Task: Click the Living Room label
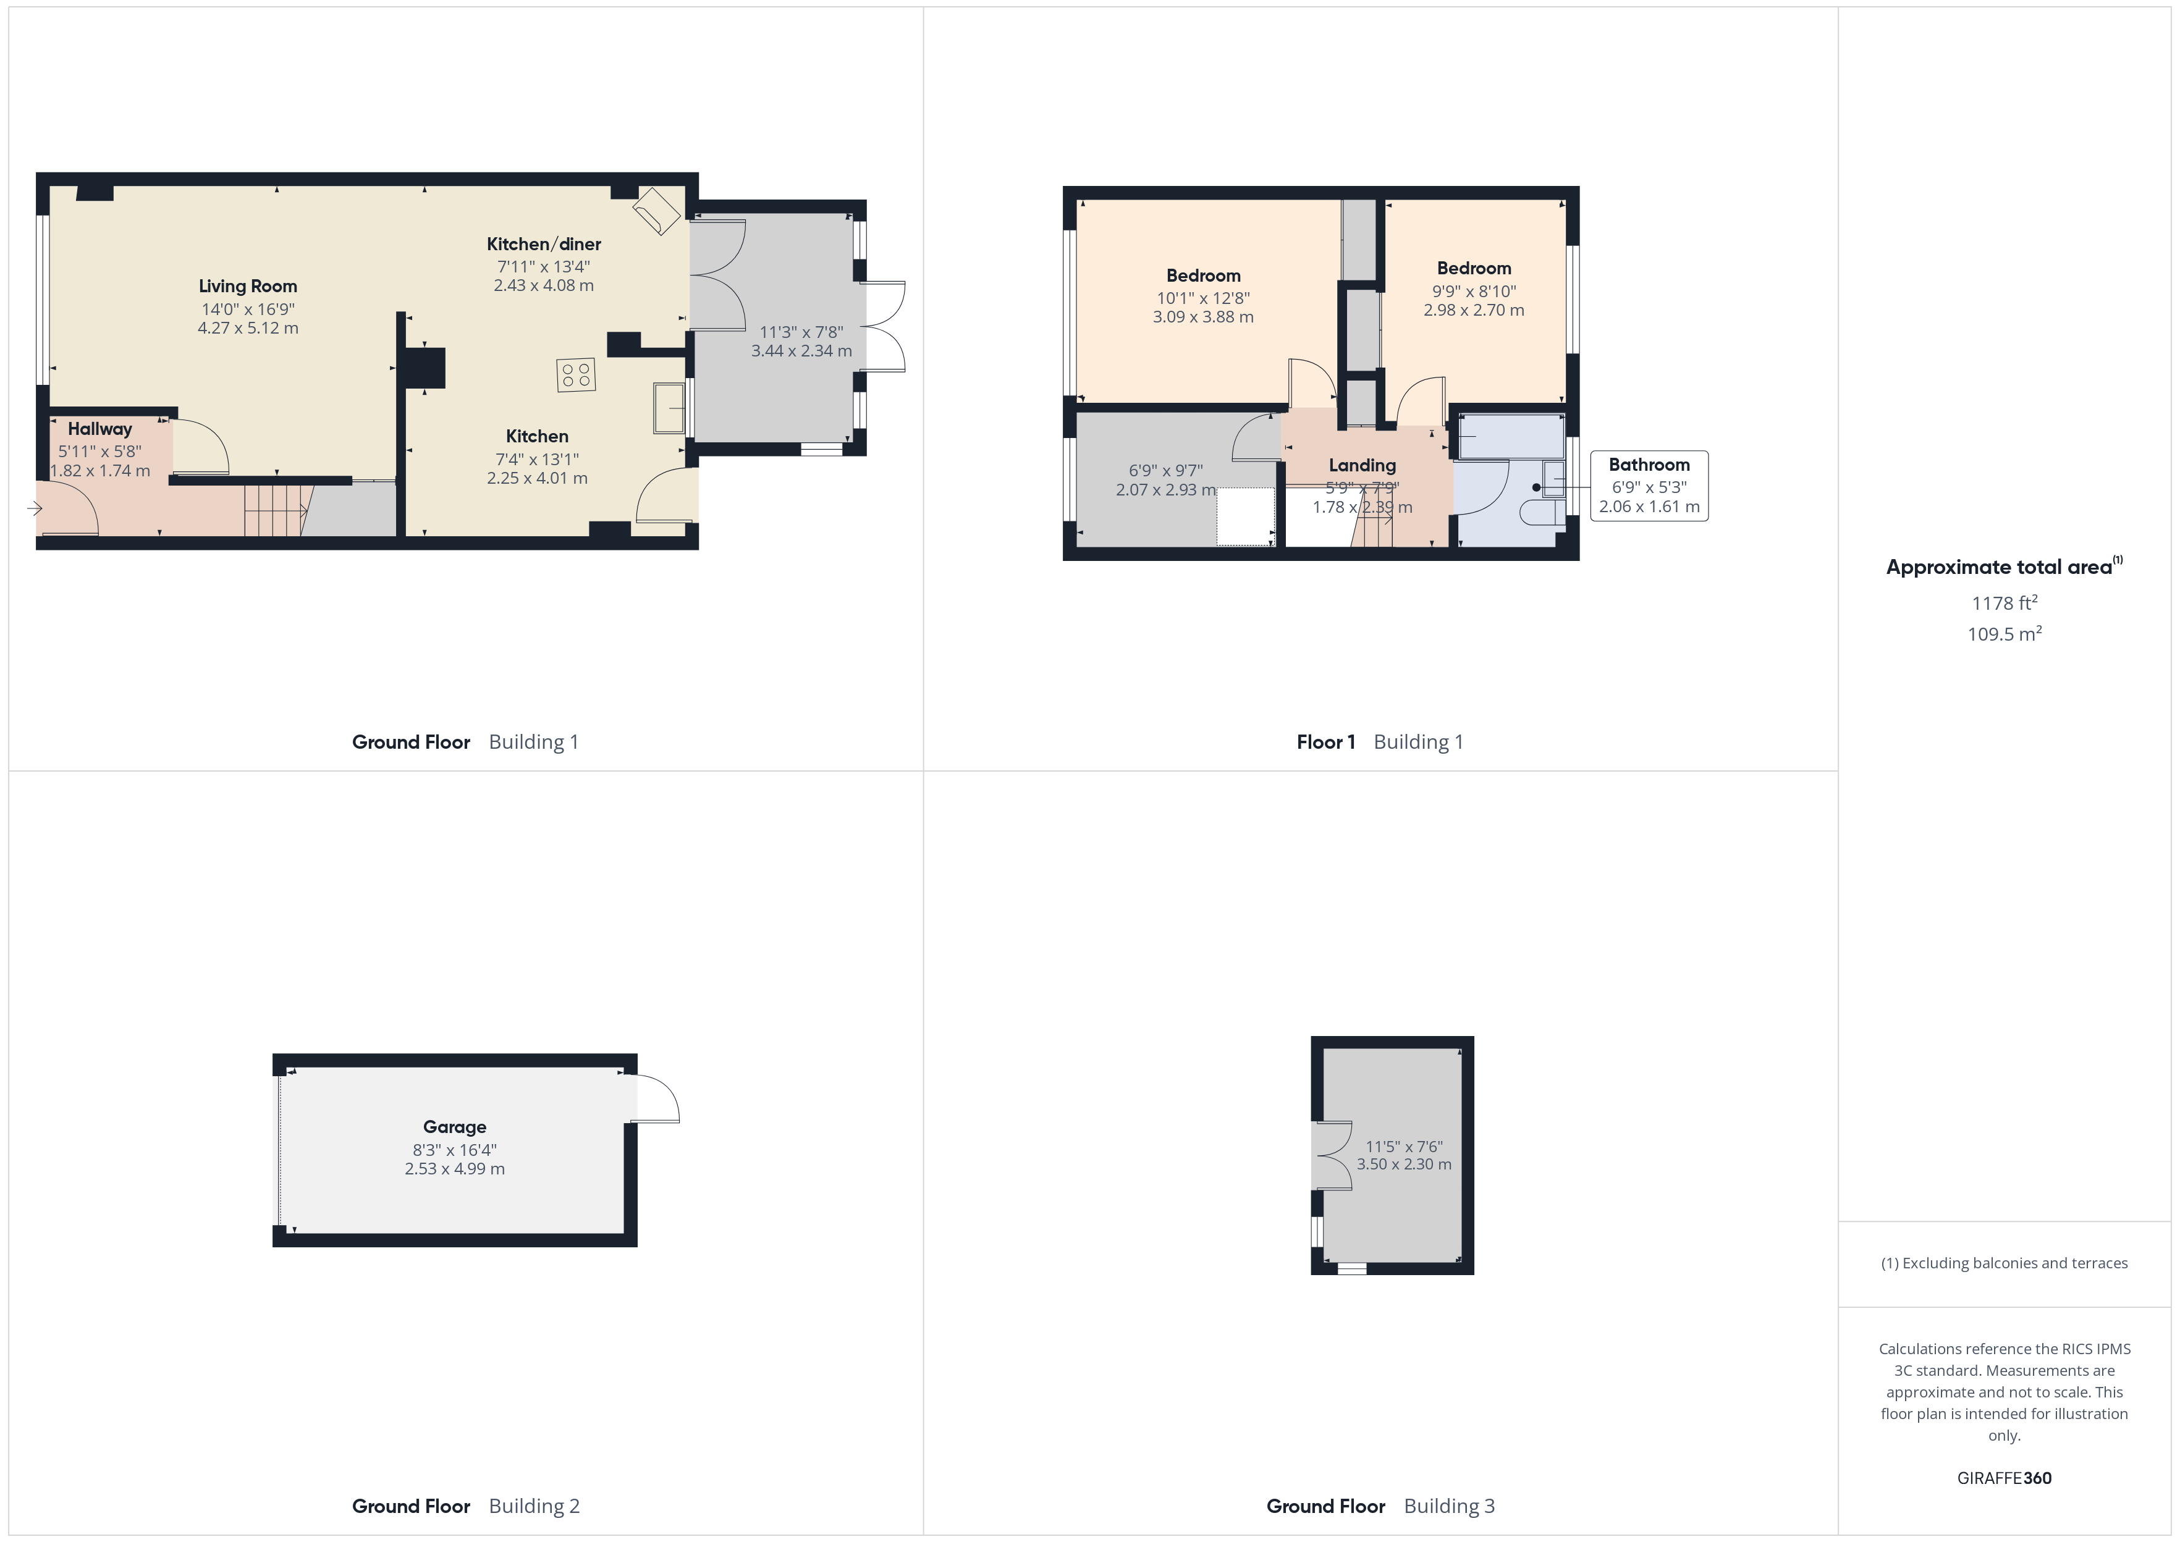248,286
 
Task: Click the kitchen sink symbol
669,408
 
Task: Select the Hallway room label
99,429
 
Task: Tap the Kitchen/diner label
543,244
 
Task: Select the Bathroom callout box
1649,485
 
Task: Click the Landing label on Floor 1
1361,465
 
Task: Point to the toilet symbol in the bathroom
1541,513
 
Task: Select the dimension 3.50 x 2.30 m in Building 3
1403,1164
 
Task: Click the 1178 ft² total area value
2003,603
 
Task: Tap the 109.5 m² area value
2003,634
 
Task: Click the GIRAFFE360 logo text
2003,1478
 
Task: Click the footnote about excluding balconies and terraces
2003,1263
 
